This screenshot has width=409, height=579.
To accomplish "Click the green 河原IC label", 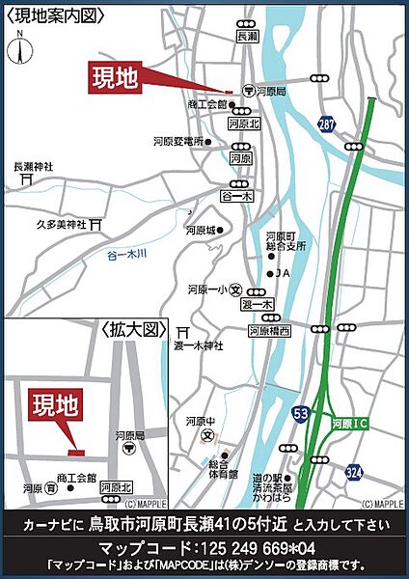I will pyautogui.click(x=348, y=423).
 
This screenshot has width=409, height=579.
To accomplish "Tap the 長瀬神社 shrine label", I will pyautogui.click(x=32, y=167).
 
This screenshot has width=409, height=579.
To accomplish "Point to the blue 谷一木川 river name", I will pyautogui.click(x=125, y=256).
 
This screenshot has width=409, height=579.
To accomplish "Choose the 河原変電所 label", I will pyautogui.click(x=177, y=141).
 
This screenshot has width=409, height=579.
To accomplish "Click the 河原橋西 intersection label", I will pyautogui.click(x=270, y=330).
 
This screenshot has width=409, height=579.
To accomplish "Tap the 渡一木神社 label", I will pyautogui.click(x=199, y=345).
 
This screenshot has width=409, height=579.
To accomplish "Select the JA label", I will pyautogui.click(x=283, y=273).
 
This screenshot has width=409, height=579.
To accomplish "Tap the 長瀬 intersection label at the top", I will pyautogui.click(x=246, y=36).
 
